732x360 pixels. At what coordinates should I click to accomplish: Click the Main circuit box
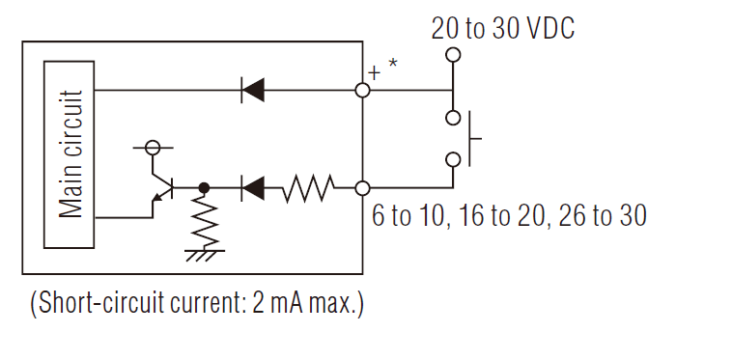70,153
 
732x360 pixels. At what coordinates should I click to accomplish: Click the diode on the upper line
253,90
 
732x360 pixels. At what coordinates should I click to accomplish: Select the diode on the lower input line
253,188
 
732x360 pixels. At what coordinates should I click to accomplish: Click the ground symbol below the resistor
203,255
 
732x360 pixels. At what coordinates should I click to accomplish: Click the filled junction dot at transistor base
204,188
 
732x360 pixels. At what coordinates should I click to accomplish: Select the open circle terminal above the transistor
152,148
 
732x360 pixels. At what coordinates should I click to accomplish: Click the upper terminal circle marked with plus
363,90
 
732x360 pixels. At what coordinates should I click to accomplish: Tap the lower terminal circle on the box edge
363,188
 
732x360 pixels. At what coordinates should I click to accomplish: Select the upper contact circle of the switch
452,118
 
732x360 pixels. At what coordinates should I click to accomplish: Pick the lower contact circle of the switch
452,159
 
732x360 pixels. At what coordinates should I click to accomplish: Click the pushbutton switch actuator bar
471,138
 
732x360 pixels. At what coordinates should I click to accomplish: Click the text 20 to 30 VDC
502,28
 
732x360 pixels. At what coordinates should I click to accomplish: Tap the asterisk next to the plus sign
392,65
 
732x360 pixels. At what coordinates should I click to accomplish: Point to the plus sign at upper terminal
375,71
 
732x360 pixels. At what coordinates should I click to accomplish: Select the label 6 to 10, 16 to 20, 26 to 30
509,215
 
